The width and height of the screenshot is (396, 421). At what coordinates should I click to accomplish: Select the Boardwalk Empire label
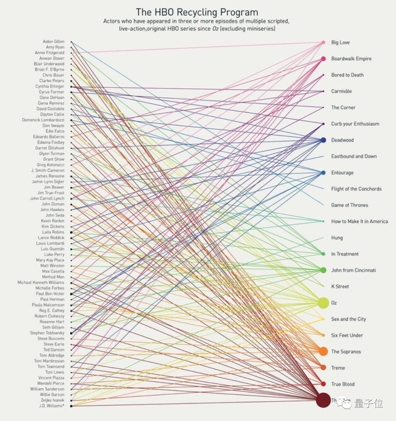click(351, 59)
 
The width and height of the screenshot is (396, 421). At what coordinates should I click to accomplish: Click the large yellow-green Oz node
click(323, 303)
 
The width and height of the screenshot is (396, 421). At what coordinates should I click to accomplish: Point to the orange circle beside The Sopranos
click(323, 352)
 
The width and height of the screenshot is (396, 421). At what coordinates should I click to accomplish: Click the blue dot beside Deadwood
click(323, 141)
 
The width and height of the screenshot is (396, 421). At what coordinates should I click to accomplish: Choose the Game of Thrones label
click(349, 205)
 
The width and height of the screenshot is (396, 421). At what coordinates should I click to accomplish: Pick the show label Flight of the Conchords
click(356, 189)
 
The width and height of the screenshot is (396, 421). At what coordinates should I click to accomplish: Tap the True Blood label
click(343, 384)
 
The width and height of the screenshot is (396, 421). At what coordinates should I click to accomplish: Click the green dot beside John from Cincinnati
click(323, 271)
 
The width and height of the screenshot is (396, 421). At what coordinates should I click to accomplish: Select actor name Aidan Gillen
click(53, 41)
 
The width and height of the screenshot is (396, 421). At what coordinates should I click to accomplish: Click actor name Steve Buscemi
click(51, 339)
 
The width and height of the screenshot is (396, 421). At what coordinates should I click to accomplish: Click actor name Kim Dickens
click(53, 227)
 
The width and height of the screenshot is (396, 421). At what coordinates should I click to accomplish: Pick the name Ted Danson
click(54, 350)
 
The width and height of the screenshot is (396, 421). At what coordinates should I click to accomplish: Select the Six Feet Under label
click(346, 336)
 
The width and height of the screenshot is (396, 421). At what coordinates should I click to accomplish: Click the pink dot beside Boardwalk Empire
click(323, 59)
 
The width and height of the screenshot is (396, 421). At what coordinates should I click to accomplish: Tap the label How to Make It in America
click(359, 222)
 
